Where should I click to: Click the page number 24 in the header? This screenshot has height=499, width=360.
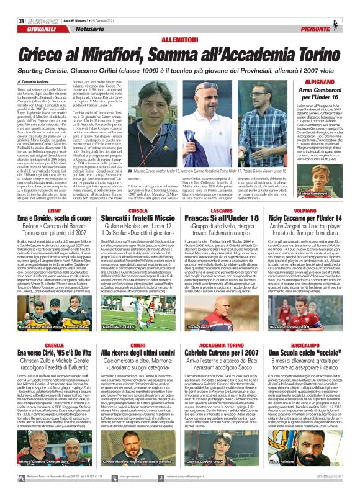[12, 5]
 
